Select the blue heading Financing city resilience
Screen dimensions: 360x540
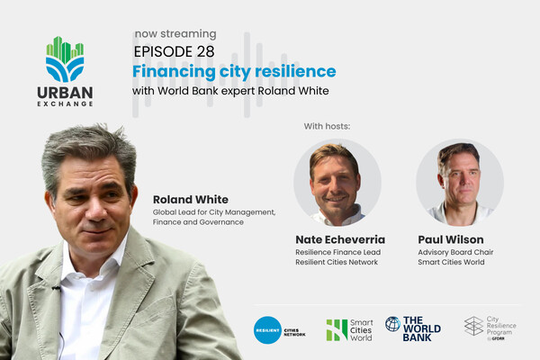coord(234,71)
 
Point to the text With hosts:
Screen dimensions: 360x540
coord(327,125)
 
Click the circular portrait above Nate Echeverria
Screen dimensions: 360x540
coord(337,182)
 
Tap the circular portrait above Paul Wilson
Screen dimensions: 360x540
coord(459,182)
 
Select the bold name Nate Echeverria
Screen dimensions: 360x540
coord(338,239)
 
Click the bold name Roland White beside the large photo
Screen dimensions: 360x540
coord(190,199)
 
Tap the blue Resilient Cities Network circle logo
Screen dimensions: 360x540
coord(267,329)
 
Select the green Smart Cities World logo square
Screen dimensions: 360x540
coord(337,329)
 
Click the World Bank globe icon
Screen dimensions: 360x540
coord(392,324)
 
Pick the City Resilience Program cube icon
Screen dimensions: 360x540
coord(473,326)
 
